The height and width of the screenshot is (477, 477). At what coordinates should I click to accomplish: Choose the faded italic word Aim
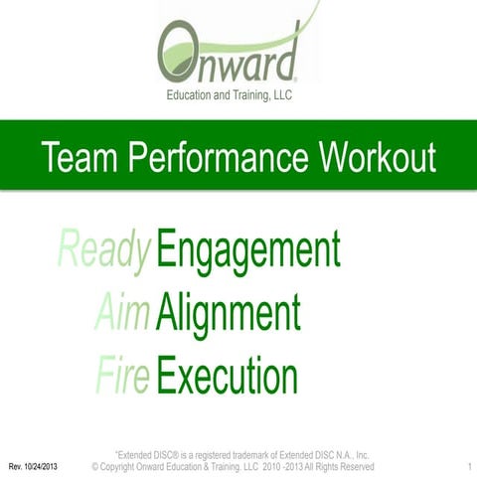click(x=123, y=314)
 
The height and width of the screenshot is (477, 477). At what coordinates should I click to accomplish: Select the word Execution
click(x=228, y=376)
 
